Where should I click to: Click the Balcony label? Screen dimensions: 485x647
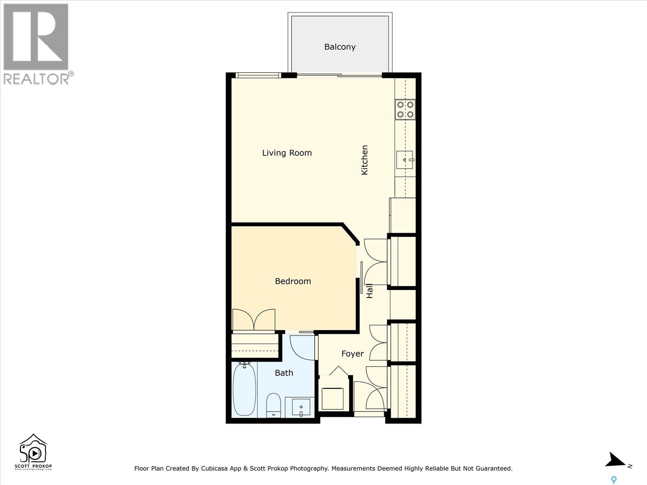point(340,47)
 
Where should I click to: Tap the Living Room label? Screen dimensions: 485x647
point(287,153)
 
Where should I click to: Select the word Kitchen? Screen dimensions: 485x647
point(364,160)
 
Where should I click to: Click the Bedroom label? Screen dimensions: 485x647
point(293,281)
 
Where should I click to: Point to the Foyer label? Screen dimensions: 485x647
point(352,354)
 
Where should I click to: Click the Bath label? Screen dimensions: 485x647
point(284,373)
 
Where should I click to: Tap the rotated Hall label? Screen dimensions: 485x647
point(369,291)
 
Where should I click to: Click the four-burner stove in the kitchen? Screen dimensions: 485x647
point(405,109)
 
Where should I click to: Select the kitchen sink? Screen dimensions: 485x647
point(405,160)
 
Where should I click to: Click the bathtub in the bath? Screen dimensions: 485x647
point(245,389)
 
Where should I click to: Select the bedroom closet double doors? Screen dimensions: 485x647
point(254,319)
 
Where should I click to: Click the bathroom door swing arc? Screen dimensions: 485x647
point(301,348)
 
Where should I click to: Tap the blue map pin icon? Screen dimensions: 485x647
point(614,480)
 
